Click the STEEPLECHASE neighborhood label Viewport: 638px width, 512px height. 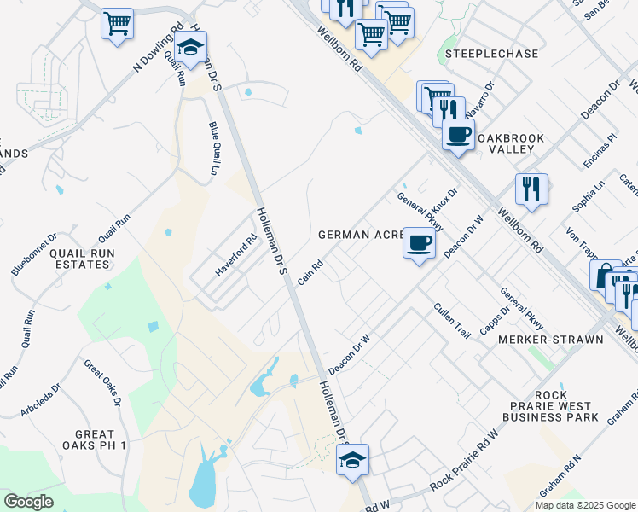[491, 54]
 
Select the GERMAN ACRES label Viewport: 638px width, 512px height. [357, 234]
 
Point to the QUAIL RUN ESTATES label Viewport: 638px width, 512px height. [80, 259]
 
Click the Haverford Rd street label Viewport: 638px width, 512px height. [236, 255]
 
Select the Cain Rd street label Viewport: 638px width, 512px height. [310, 273]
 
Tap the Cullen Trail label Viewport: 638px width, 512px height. [451, 320]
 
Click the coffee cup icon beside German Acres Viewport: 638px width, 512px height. [418, 243]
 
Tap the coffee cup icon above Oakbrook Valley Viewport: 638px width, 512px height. [458, 134]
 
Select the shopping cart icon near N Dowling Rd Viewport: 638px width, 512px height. [117, 23]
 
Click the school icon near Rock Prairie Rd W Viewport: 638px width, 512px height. [352, 460]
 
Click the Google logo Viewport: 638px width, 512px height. [29, 502]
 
